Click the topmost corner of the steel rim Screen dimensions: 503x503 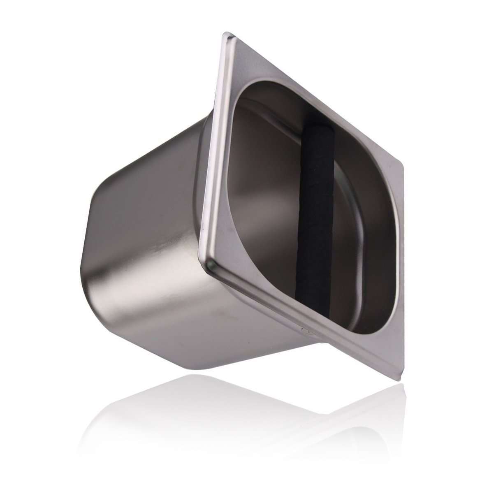226,35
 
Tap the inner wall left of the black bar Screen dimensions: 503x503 267,185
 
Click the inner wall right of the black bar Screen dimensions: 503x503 362,230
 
